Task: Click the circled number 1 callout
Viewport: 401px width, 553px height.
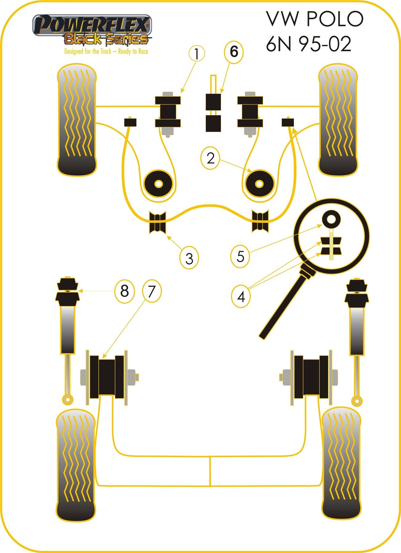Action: pyautogui.click(x=196, y=54)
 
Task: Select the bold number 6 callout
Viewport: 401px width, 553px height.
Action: pyautogui.click(x=234, y=52)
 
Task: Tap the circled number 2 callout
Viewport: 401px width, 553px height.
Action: pyautogui.click(x=211, y=159)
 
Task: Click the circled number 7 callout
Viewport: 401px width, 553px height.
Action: pyautogui.click(x=151, y=291)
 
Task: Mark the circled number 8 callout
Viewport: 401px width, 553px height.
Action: pyautogui.click(x=124, y=291)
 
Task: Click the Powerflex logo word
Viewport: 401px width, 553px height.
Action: pyautogui.click(x=92, y=25)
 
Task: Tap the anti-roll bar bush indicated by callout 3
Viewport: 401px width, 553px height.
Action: pyautogui.click(x=158, y=222)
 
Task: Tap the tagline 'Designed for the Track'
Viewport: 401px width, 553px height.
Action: pyautogui.click(x=88, y=51)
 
